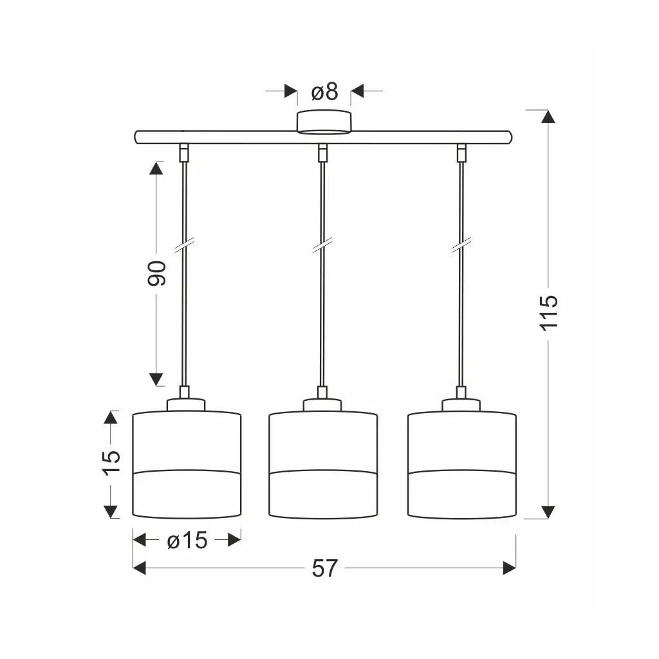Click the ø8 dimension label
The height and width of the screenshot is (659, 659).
324,91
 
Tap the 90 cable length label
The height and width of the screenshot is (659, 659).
157,274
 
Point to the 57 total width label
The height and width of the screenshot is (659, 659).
325,568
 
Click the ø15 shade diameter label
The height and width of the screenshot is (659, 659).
187,540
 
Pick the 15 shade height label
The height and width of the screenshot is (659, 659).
111,463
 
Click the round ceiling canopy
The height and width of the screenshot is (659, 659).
324,122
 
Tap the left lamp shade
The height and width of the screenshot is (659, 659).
187,465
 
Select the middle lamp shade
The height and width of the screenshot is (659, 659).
323,465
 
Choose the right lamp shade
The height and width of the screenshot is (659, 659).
462,465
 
